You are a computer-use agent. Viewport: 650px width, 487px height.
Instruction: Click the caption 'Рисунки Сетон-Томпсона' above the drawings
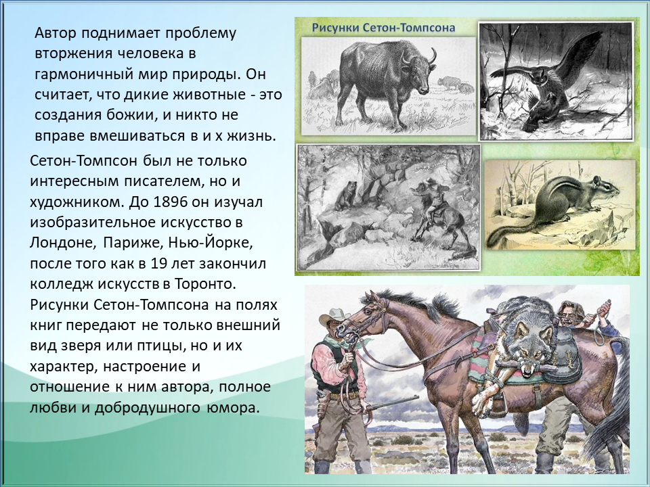pos(383,28)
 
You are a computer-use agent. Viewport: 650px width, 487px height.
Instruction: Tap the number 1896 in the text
pos(169,202)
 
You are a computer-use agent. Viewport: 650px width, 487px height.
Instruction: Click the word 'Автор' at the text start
pos(56,33)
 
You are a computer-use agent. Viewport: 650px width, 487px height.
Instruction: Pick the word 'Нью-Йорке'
pos(211,243)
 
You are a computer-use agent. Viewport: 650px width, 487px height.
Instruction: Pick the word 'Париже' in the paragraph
pos(131,243)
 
